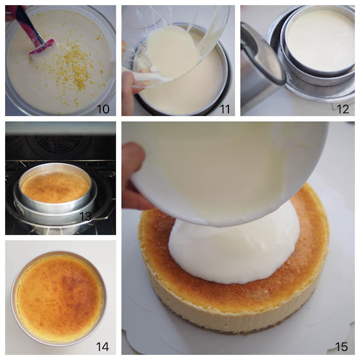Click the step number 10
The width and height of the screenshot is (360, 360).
(103, 109)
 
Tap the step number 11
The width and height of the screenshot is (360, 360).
(225, 109)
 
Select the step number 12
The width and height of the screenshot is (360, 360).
(343, 109)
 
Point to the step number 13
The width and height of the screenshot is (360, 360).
(85, 216)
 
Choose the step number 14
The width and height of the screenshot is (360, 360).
(102, 346)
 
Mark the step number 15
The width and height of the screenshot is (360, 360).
(341, 346)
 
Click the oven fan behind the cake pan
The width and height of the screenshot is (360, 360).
(57, 142)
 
